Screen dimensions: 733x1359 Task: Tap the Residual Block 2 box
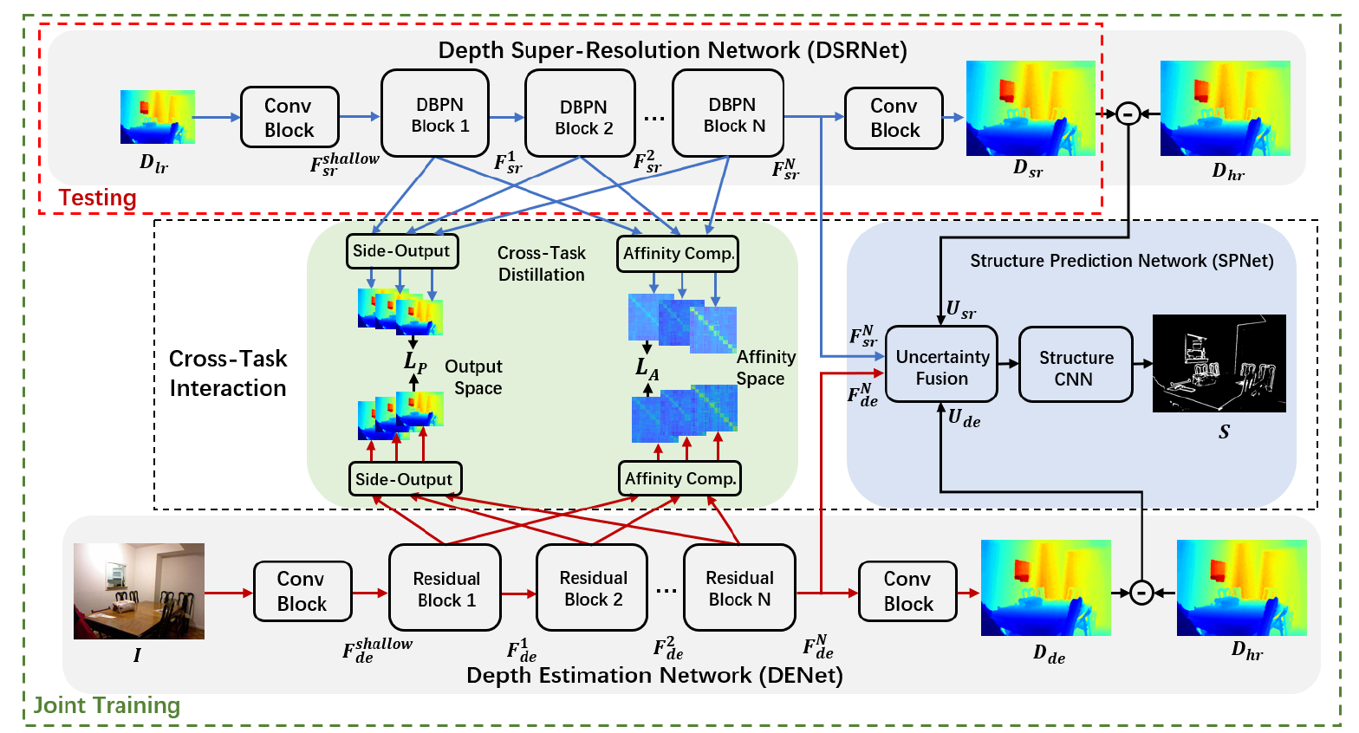click(x=592, y=587)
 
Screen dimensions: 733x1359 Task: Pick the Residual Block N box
click(x=739, y=587)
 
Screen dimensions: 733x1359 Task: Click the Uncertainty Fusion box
click(x=941, y=365)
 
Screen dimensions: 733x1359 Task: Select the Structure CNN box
click(x=1076, y=365)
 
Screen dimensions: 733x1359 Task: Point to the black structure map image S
click(x=1219, y=363)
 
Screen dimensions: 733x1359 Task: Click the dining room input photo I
click(x=139, y=591)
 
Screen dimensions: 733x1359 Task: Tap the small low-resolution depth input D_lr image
click(x=158, y=117)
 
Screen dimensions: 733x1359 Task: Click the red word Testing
click(x=97, y=198)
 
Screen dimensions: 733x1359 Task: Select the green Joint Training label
click(x=107, y=705)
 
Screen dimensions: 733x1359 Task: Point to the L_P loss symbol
click(x=415, y=361)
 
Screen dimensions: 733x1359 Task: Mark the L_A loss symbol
click(x=647, y=367)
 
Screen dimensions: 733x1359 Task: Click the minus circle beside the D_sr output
click(x=1127, y=114)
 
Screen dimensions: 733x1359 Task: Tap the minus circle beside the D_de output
click(x=1141, y=593)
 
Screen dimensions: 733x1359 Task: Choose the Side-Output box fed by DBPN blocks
click(x=401, y=251)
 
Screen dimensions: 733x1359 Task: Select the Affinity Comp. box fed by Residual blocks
click(x=680, y=478)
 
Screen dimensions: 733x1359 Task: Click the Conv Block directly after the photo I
click(x=302, y=591)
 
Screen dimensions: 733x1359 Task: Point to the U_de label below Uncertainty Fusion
click(x=964, y=418)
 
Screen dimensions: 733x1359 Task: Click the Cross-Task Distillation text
click(x=541, y=263)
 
